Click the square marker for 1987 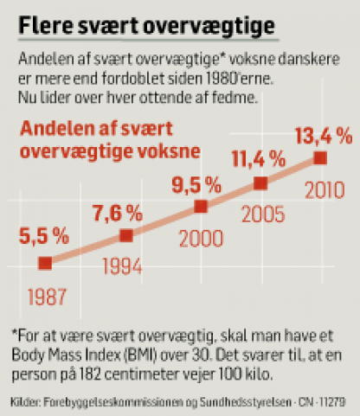(x=45, y=263)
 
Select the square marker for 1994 (x=126, y=235)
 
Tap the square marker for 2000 (x=201, y=207)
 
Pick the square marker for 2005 (x=260, y=183)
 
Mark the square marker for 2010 (x=320, y=158)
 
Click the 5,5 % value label (x=44, y=236)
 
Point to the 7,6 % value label (x=118, y=214)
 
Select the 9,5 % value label (x=196, y=185)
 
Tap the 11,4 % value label (x=259, y=159)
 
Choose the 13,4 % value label (x=324, y=136)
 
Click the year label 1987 (x=47, y=297)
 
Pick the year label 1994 (x=123, y=266)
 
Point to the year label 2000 (x=201, y=239)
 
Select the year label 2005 (x=263, y=214)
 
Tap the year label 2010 (x=325, y=190)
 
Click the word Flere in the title (x=46, y=26)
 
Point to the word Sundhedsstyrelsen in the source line (x=246, y=402)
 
